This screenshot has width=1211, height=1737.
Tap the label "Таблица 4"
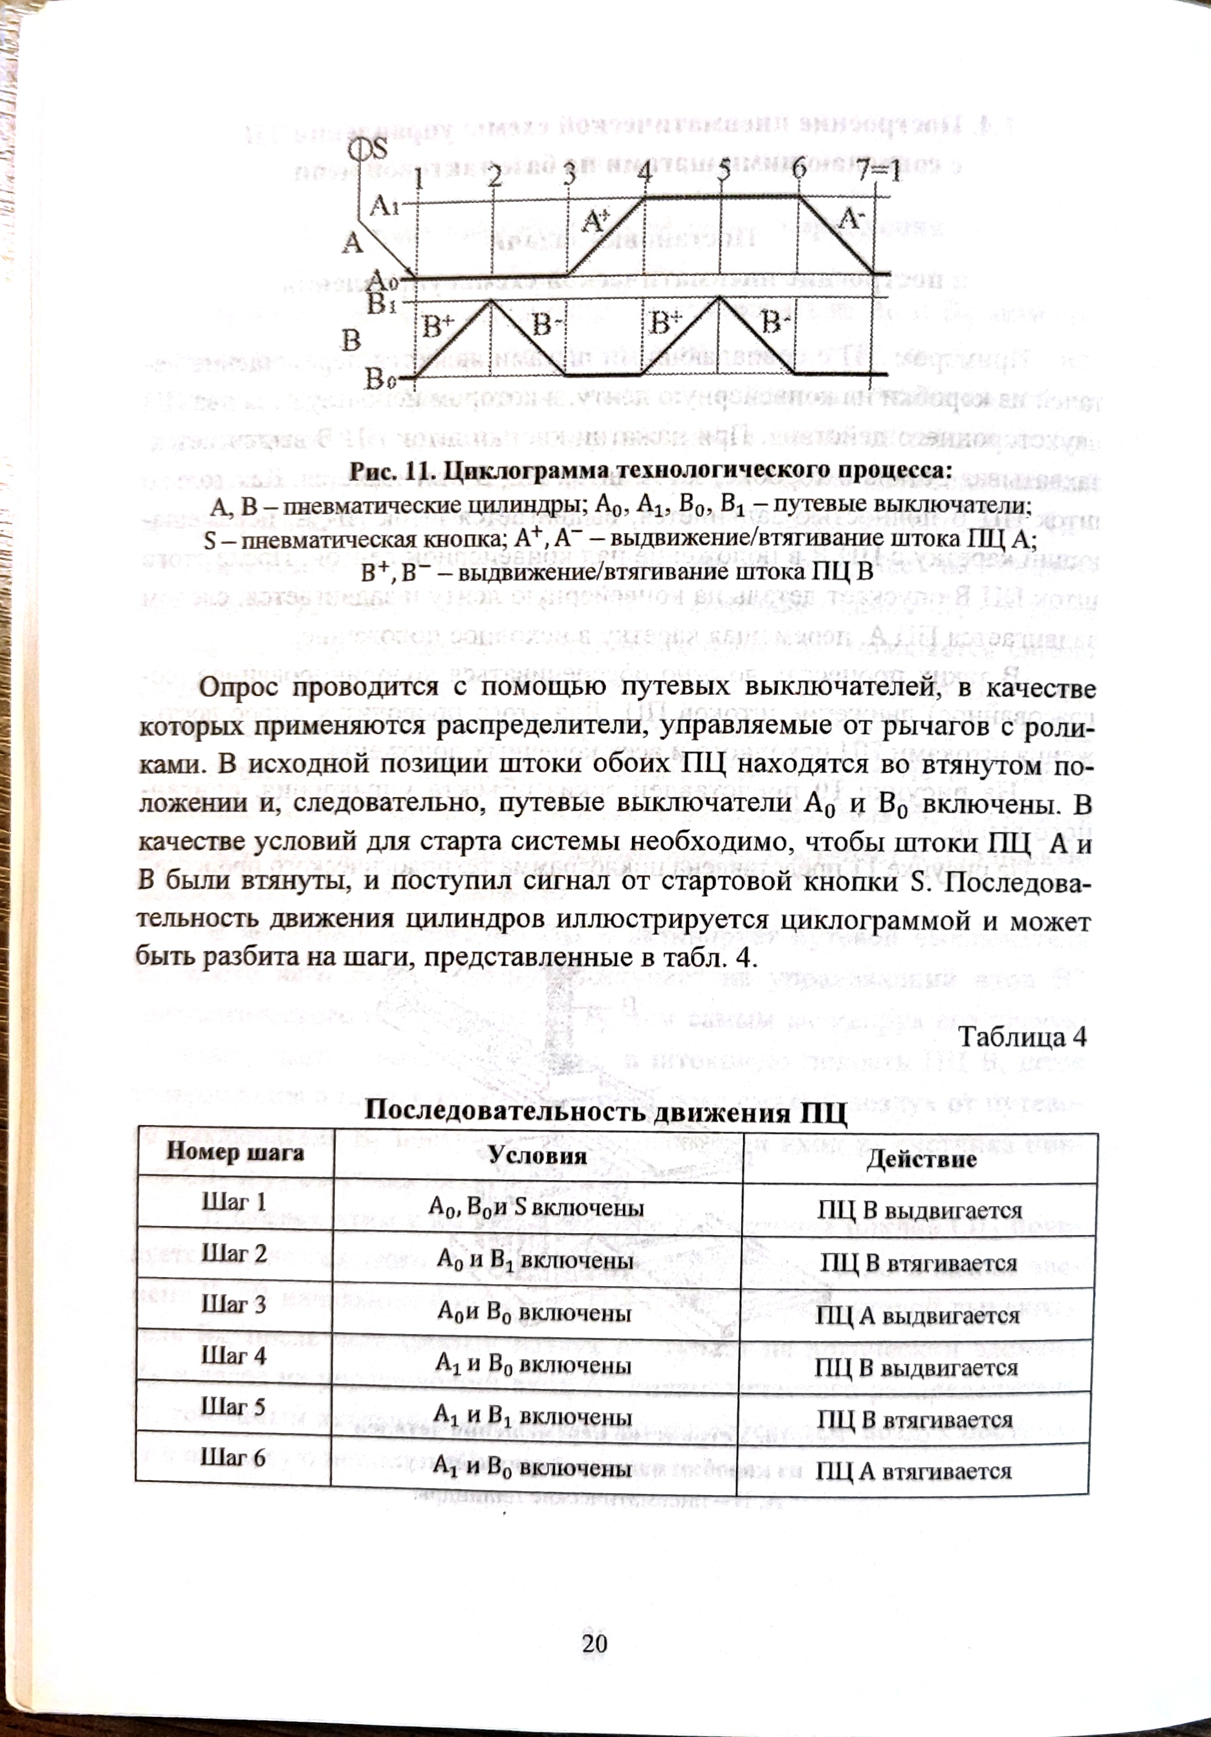click(1022, 1036)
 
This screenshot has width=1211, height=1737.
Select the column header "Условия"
click(537, 1155)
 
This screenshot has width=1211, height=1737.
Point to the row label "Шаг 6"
click(233, 1458)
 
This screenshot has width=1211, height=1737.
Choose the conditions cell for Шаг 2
click(536, 1259)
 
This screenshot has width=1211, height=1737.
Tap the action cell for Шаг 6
click(913, 1470)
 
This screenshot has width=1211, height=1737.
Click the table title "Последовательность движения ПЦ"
click(605, 1111)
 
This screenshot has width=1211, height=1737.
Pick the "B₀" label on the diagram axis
click(378, 378)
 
